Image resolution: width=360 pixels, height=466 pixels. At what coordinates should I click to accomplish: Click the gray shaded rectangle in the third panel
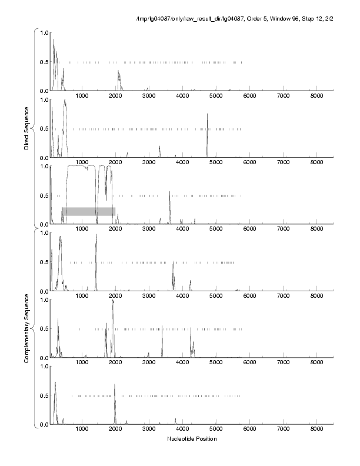coord(88,211)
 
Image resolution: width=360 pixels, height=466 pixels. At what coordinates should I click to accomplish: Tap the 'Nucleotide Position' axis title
coord(192,438)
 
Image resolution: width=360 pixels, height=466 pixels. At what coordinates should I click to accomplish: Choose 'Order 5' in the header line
coord(250,22)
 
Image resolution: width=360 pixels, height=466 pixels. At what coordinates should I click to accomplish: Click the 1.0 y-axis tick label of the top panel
coord(42,32)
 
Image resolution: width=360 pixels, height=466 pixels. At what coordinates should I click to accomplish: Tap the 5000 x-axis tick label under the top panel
coord(216,96)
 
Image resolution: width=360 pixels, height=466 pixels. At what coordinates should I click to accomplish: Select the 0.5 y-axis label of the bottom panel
coord(42,395)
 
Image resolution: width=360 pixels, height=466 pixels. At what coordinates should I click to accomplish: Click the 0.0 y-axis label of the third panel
coord(42,224)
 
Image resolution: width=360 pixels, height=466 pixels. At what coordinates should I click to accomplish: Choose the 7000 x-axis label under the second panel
coord(284,162)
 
